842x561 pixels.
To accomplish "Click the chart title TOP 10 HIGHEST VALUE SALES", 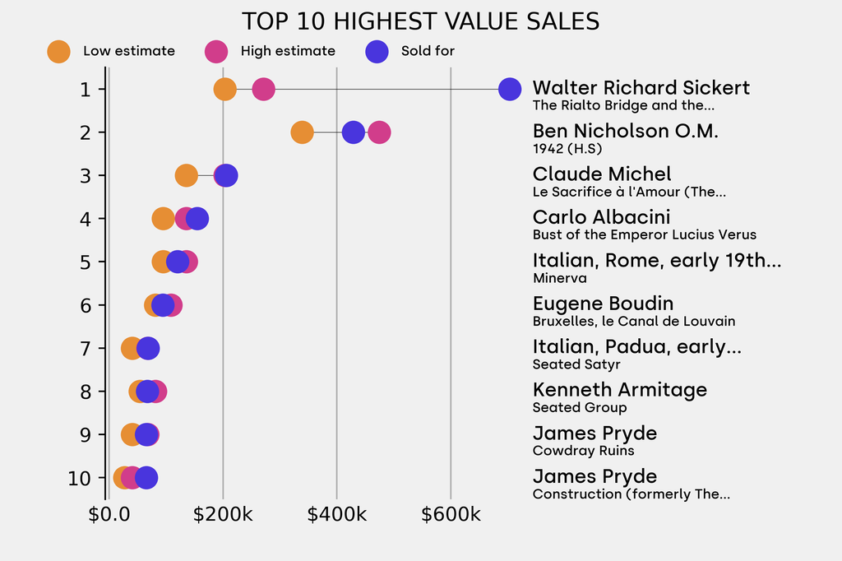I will coord(420,21).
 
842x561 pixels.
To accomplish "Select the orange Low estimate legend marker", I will coord(58,51).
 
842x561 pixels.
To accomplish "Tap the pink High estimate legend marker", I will coord(215,51).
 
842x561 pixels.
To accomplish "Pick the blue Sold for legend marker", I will coord(376,51).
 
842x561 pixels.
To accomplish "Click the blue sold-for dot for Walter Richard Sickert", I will coord(510,89).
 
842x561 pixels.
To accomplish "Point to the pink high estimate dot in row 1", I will coord(263,89).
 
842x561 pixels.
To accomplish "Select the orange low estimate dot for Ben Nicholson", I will coord(302,132).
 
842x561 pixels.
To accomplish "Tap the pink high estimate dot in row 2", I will coord(379,132).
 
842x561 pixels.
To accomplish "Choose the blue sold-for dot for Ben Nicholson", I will coord(354,132).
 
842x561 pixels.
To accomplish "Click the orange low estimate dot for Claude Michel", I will coord(187,175).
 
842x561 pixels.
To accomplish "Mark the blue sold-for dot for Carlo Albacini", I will coord(197,219).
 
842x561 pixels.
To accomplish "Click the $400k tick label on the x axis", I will coord(336,515).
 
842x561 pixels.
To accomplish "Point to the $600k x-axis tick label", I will coord(451,515).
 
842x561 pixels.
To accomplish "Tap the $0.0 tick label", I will coord(109,515).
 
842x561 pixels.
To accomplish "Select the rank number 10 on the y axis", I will coord(80,478).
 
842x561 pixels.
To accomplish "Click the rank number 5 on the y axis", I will coord(86,262).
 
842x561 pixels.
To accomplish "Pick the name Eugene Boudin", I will coord(603,304).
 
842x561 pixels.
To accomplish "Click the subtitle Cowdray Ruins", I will coord(583,451).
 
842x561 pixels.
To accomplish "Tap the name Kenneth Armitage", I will coord(619,390).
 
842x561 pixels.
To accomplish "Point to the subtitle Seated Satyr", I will coord(576,364).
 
